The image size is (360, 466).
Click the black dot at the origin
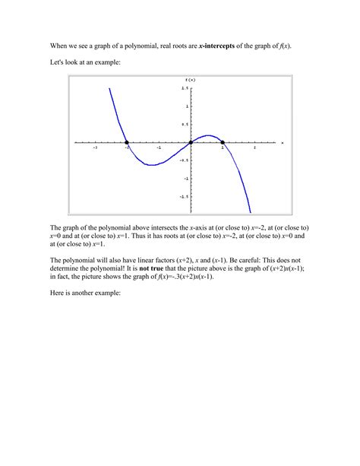[x=191, y=142]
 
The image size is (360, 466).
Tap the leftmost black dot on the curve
[x=127, y=142]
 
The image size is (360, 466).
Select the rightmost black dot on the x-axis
[x=223, y=142]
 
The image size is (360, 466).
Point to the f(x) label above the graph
[x=191, y=80]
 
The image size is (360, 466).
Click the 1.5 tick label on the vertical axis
[x=185, y=88]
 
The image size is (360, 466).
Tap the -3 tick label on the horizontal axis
[x=95, y=149]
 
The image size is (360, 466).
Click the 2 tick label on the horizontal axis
[x=254, y=149]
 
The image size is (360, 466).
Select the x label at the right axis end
[x=282, y=142]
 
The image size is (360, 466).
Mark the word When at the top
[x=61, y=46]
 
